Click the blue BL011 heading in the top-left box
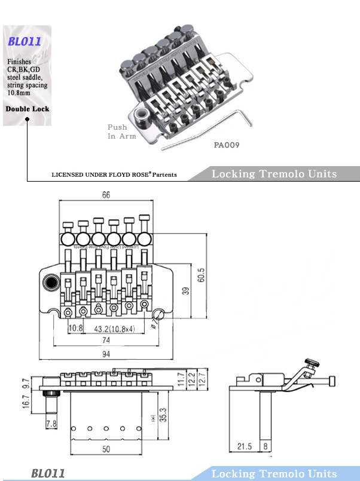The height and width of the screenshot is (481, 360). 25,42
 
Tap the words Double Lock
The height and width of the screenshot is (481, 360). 27,109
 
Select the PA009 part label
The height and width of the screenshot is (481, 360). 227,144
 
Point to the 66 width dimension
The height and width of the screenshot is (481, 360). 106,195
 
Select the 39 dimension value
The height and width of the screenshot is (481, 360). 185,291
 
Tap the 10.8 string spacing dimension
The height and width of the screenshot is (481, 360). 75,328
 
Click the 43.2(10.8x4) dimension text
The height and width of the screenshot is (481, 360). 114,328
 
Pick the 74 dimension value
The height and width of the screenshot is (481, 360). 106,340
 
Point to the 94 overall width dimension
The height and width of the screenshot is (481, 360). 106,354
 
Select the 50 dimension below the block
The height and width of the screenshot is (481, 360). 105,448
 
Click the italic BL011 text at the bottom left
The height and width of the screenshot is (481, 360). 48,473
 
